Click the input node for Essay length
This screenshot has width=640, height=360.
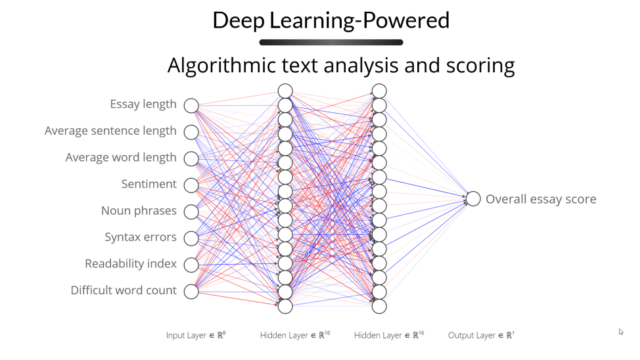[x=191, y=106]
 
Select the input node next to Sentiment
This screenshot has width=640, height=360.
[x=191, y=185]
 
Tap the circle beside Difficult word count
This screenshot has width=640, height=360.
[x=191, y=291]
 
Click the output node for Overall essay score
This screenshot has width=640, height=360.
[x=474, y=198]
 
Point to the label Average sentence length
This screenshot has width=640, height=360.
[x=110, y=131]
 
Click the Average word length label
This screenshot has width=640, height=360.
[x=121, y=158]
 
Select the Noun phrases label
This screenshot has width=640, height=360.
[x=139, y=211]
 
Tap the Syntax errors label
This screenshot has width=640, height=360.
[x=141, y=237]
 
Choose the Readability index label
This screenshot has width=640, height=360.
[x=131, y=264]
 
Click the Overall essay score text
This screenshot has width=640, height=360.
[x=541, y=199]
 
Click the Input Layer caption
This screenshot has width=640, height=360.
[x=196, y=336]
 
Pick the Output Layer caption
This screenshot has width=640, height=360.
[x=481, y=336]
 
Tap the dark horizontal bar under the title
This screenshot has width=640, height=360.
[x=331, y=43]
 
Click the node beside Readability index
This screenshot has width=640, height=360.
[x=191, y=264]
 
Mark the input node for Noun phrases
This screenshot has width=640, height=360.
[x=191, y=212]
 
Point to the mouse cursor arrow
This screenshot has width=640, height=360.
[x=621, y=332]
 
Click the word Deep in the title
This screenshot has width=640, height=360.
[x=239, y=20]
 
